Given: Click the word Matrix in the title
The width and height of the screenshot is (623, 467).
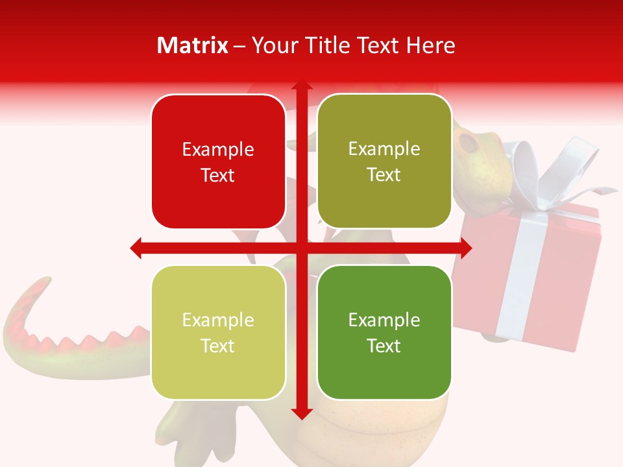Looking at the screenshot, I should (x=192, y=45).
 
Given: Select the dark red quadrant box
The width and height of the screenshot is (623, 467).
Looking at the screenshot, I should (x=218, y=162).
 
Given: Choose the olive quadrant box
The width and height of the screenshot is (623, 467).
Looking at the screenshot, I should (x=384, y=162).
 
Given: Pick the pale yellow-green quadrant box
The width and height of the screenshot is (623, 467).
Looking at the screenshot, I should (x=218, y=333).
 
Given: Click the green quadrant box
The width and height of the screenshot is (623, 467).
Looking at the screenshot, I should (x=384, y=332).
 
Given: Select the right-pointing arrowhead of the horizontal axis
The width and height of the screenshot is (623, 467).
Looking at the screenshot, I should (x=465, y=248).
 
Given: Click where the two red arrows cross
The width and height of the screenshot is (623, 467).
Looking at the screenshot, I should (x=301, y=248).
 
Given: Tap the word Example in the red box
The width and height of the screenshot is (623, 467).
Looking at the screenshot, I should (x=218, y=150).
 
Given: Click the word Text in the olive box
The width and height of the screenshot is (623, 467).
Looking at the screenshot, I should (x=384, y=175).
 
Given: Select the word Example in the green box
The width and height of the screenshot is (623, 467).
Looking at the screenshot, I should (x=384, y=320).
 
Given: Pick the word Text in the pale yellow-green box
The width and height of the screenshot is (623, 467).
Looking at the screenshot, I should (x=218, y=346).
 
